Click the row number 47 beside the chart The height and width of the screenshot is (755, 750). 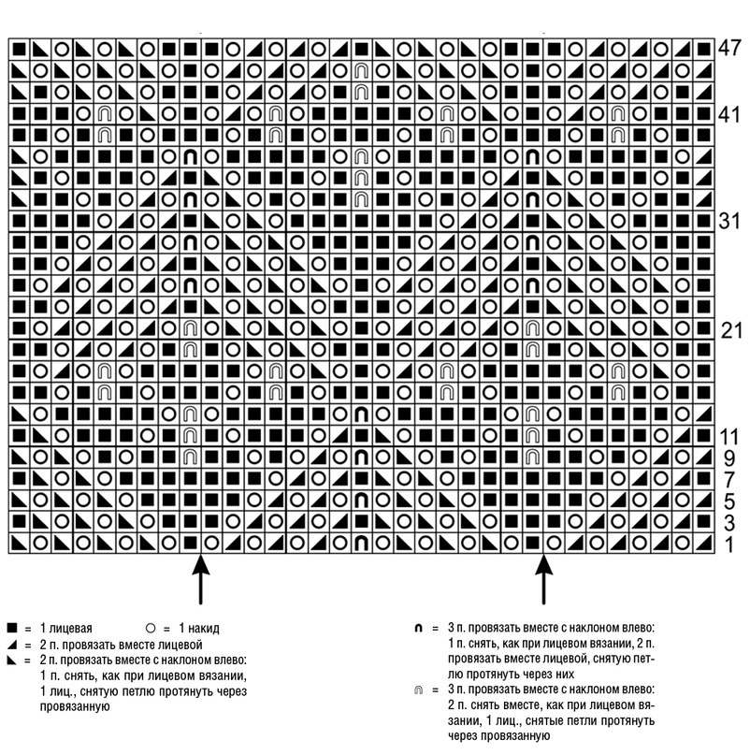[x=728, y=48]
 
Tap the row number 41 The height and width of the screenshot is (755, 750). [x=728, y=114]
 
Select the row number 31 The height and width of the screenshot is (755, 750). [x=728, y=221]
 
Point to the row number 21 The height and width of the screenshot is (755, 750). [x=731, y=330]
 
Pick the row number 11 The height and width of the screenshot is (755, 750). [x=728, y=437]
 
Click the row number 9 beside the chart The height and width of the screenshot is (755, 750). [x=729, y=458]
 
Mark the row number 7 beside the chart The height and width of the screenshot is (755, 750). [x=729, y=480]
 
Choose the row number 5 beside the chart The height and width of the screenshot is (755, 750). [x=729, y=501]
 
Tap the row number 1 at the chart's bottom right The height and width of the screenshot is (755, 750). [x=729, y=544]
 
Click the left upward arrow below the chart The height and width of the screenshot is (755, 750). [x=201, y=579]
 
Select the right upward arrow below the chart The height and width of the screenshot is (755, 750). [x=544, y=579]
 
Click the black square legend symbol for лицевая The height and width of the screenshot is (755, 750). [x=12, y=628]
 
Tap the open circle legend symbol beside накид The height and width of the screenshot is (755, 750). [x=151, y=628]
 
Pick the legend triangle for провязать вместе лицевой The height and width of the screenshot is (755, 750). [x=12, y=645]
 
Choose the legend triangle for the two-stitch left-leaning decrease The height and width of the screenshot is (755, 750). [x=12, y=661]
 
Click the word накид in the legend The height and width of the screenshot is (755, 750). [x=204, y=629]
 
